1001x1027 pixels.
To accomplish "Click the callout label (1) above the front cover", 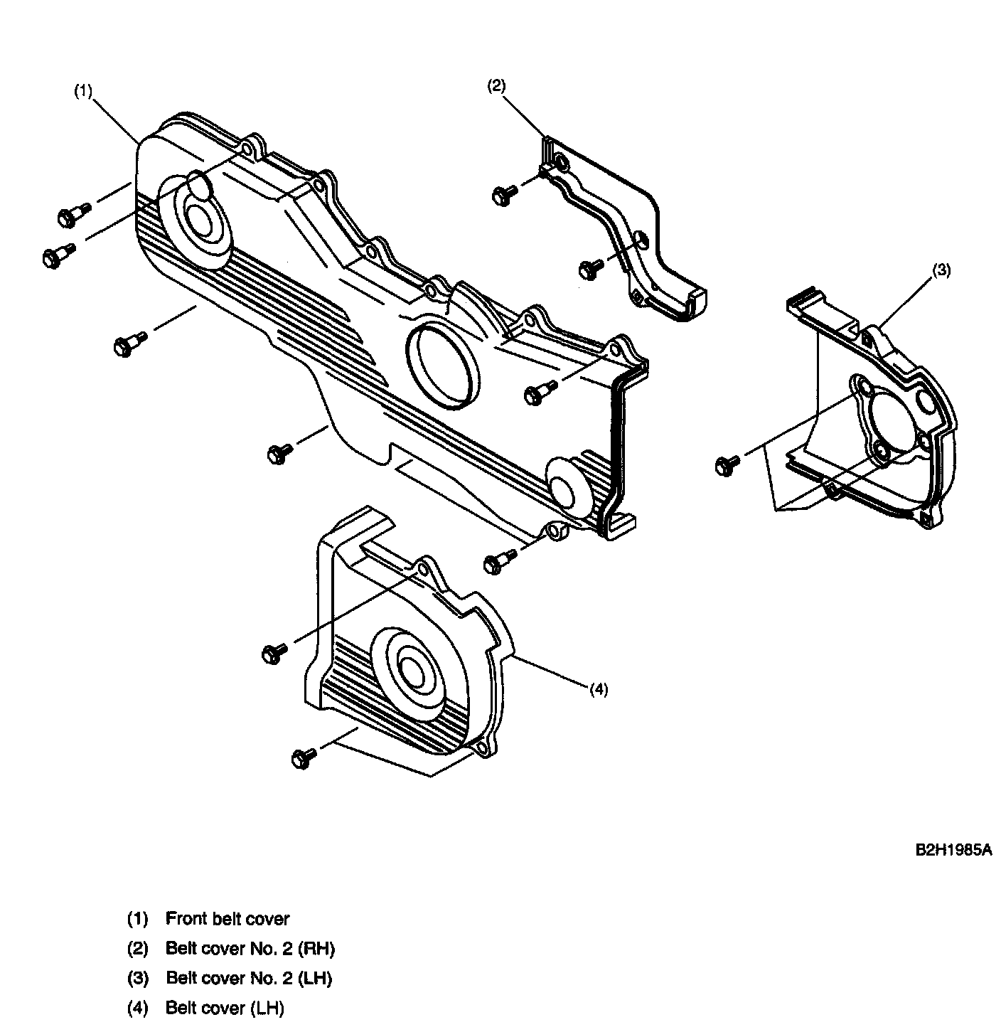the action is (x=83, y=91).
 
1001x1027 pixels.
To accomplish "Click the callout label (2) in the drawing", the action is (x=496, y=86).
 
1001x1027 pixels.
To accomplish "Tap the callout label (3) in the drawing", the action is (x=941, y=271).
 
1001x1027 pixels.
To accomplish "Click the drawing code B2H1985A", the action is (x=953, y=850).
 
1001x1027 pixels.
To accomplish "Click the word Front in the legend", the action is (x=186, y=918).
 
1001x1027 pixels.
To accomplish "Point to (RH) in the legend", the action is (x=316, y=948).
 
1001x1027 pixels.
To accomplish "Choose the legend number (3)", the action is (x=138, y=978).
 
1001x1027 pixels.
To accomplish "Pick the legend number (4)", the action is (x=138, y=1008).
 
